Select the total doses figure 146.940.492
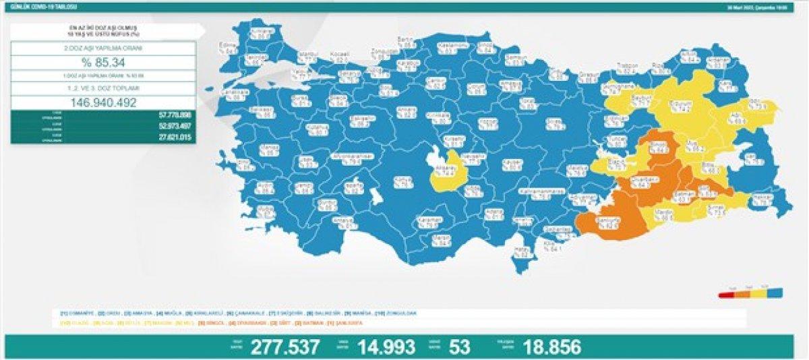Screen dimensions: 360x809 pos(104,103)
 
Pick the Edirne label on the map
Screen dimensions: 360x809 pos(233,47)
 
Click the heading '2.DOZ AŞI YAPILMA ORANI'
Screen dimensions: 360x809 pos(104,49)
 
